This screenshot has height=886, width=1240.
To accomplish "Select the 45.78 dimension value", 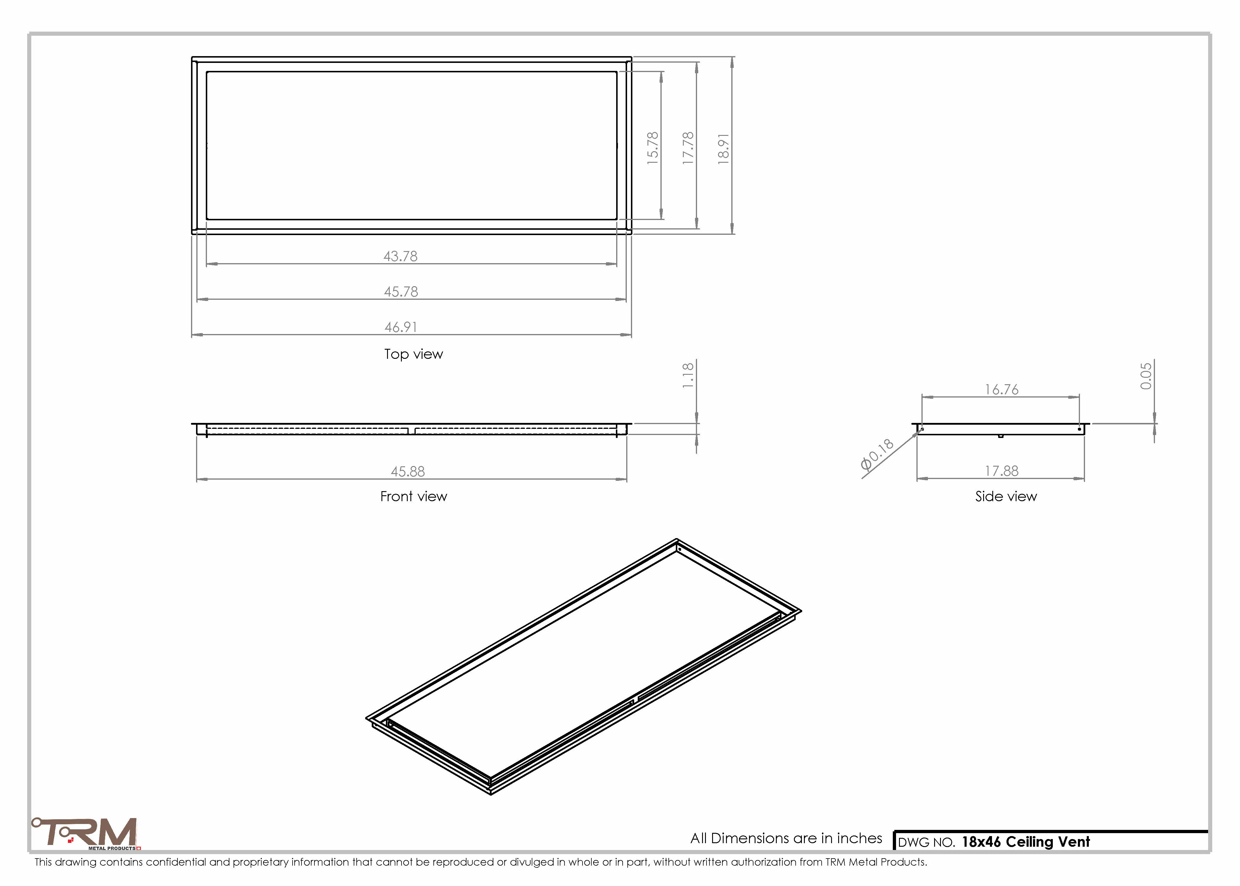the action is [401, 291].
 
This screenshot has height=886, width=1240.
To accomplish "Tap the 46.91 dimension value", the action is [401, 327].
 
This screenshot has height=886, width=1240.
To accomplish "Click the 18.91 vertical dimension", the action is [724, 149].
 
